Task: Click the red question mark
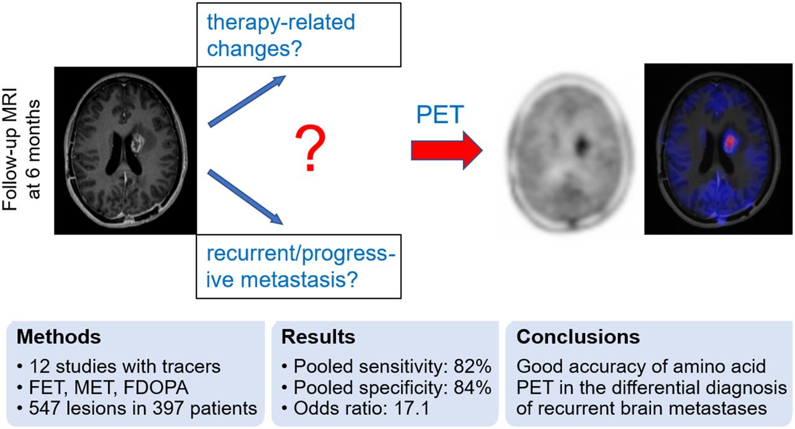[310, 148]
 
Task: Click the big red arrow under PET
[447, 150]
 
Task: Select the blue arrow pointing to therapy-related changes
[247, 101]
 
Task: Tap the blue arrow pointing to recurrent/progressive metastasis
[245, 197]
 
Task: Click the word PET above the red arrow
[440, 114]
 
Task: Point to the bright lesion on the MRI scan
[137, 143]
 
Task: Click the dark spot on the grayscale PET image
[581, 145]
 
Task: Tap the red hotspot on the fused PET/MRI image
[729, 141]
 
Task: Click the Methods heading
[58, 336]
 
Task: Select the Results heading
[318, 336]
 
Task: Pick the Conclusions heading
[578, 336]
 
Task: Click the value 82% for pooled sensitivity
[473, 366]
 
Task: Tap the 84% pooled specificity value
[473, 387]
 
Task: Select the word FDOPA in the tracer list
[155, 387]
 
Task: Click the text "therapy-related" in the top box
[281, 23]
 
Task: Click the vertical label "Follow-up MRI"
[9, 149]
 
